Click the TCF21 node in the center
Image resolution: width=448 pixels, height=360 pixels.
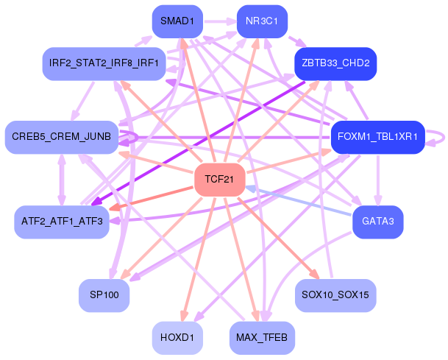[219, 180]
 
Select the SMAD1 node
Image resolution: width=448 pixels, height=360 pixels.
[177, 21]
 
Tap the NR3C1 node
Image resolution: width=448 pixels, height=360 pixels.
[262, 21]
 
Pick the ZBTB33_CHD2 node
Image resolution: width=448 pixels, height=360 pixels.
[335, 63]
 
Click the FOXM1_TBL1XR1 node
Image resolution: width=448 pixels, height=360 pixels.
[377, 137]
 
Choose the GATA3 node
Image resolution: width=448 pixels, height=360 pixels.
[377, 222]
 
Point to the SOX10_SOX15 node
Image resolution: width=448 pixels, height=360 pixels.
[335, 295]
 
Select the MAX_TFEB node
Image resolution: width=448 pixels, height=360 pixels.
[262, 338]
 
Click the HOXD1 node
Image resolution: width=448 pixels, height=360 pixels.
[177, 338]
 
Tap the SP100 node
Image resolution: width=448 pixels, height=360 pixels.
[104, 295]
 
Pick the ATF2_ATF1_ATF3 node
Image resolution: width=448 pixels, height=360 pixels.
[62, 222]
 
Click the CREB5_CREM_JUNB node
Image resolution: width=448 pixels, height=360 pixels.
[62, 137]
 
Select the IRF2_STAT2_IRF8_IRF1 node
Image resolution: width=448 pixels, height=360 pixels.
[104, 63]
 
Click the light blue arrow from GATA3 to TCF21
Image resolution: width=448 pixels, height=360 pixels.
[298, 201]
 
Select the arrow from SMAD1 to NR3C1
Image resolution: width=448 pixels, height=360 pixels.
[220, 21]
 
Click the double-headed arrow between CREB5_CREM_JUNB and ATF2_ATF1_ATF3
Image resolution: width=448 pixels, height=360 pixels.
[62, 180]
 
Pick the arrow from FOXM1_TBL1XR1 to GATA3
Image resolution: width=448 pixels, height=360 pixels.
[378, 180]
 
